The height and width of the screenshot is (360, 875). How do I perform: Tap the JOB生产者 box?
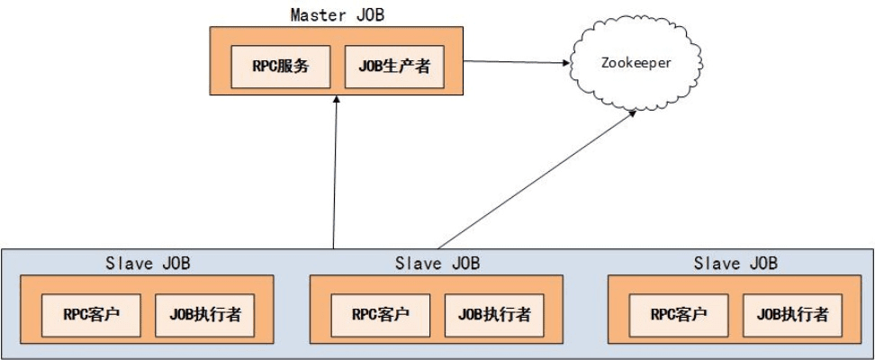[393, 66]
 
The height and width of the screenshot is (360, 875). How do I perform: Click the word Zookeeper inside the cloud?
[635, 63]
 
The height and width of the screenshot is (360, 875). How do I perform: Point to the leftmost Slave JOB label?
[149, 264]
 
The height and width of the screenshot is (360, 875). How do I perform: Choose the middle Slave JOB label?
[437, 264]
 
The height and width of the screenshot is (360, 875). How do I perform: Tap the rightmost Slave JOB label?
[735, 264]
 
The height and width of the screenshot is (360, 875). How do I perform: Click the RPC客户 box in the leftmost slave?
[91, 315]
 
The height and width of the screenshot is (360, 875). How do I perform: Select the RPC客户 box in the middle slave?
[381, 315]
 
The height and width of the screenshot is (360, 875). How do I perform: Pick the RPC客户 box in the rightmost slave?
[679, 315]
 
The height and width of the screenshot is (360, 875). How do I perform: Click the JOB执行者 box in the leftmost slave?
[204, 315]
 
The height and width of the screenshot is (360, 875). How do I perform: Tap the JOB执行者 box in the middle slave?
[494, 315]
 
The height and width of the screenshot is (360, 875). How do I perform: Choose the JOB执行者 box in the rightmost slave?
[792, 315]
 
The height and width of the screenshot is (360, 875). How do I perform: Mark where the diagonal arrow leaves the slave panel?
[437, 247]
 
